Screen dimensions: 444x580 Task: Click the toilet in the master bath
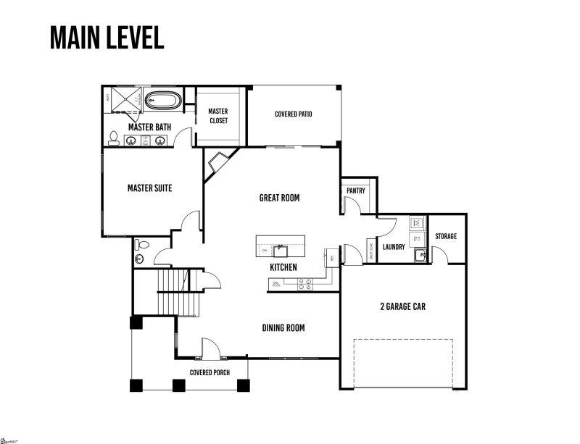pos(114,138)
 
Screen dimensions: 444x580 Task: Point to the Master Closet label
pos(218,116)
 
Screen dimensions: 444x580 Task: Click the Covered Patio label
pos(294,114)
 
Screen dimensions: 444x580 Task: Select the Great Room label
pos(279,198)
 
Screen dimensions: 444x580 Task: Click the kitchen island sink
pos(281,251)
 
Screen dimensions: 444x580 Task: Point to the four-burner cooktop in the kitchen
pos(304,283)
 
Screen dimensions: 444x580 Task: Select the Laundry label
pos(393,247)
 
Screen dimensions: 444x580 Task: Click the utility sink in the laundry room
pos(420,254)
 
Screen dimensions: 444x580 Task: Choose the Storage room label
pos(446,237)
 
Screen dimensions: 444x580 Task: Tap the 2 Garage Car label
pos(402,306)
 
